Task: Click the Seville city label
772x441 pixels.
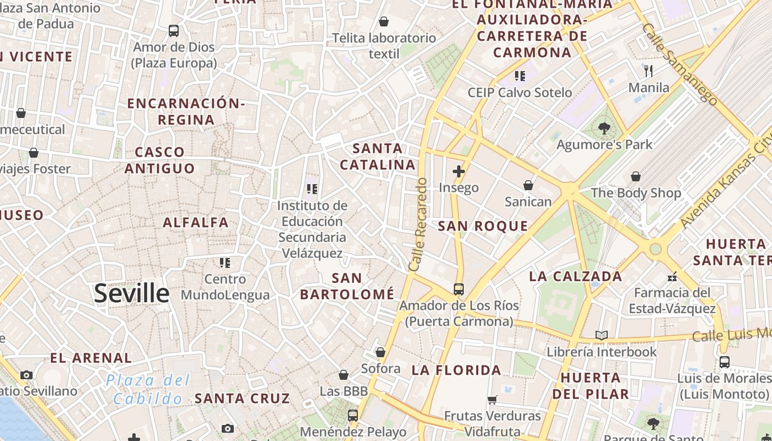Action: (x=131, y=293)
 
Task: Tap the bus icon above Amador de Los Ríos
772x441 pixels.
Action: (x=458, y=289)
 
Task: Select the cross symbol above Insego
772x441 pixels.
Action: (x=458, y=171)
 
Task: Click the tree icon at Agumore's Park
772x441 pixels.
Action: (x=604, y=128)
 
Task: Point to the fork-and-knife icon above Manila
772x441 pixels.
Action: (x=648, y=71)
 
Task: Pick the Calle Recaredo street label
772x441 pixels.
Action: (x=419, y=224)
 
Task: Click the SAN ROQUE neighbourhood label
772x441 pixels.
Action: (x=483, y=226)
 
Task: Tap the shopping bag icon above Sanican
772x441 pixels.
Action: (x=528, y=185)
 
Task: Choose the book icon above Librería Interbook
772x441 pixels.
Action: (x=601, y=335)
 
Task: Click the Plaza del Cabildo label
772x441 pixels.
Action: (x=148, y=389)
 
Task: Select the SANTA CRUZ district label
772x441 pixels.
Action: (x=242, y=398)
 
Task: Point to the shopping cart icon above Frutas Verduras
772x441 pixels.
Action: (x=492, y=400)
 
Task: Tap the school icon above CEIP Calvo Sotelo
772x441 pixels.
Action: (x=519, y=76)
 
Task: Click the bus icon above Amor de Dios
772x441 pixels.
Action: (x=174, y=31)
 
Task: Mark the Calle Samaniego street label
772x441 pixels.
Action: (x=680, y=63)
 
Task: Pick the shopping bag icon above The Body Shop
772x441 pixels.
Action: (x=636, y=176)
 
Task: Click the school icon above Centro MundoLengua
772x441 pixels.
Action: (x=225, y=262)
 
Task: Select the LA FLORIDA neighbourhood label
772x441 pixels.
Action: (x=456, y=370)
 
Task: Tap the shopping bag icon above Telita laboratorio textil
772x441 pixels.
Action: (x=383, y=21)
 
